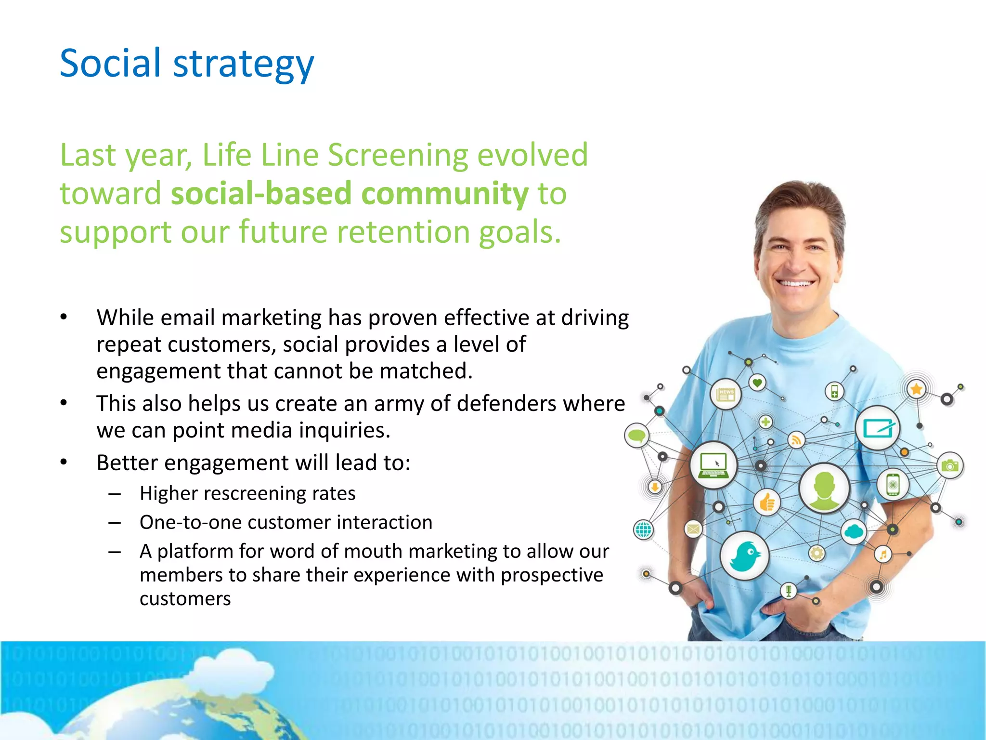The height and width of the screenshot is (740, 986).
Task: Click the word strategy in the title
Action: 243,65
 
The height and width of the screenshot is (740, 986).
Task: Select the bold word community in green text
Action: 445,194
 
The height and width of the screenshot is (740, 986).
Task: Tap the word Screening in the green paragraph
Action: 398,155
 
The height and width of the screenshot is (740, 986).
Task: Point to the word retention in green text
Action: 403,232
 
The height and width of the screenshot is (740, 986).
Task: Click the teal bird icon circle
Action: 744,555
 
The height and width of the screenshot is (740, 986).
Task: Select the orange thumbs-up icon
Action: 766,502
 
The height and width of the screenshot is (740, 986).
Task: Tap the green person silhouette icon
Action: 824,488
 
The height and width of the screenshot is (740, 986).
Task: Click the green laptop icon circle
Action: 714,464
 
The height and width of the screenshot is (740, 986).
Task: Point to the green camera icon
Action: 950,465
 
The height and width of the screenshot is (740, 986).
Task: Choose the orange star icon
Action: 916,389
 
